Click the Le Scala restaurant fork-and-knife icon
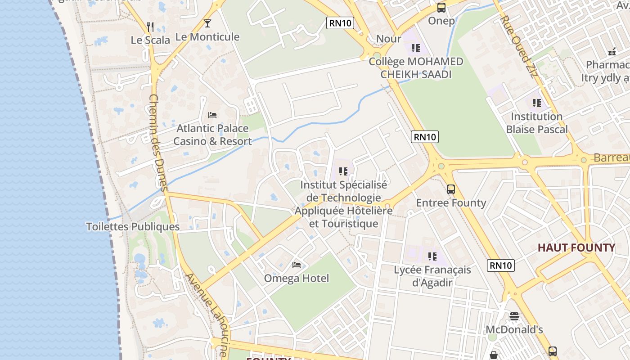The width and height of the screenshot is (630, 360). [150, 27]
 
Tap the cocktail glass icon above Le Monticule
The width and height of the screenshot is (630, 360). [207, 23]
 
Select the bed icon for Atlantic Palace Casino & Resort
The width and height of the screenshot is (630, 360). [212, 115]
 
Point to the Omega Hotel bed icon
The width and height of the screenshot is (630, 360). [296, 265]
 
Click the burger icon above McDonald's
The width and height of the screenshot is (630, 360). [514, 316]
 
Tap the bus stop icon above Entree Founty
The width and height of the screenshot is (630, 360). [451, 189]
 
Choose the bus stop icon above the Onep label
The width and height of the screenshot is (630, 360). [441, 8]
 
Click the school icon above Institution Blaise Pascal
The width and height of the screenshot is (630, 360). [536, 103]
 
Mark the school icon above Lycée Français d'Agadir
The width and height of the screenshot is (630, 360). [432, 256]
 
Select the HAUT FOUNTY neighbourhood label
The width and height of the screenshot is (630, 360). [576, 248]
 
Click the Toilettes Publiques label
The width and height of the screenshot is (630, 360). [133, 227]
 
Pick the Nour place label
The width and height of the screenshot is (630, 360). [388, 39]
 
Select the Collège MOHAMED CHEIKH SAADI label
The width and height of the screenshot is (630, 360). [416, 68]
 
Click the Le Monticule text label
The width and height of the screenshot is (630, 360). [207, 37]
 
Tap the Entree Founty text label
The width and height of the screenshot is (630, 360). [451, 203]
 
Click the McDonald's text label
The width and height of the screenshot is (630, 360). [514, 330]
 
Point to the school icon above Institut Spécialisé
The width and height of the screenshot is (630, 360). [343, 171]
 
